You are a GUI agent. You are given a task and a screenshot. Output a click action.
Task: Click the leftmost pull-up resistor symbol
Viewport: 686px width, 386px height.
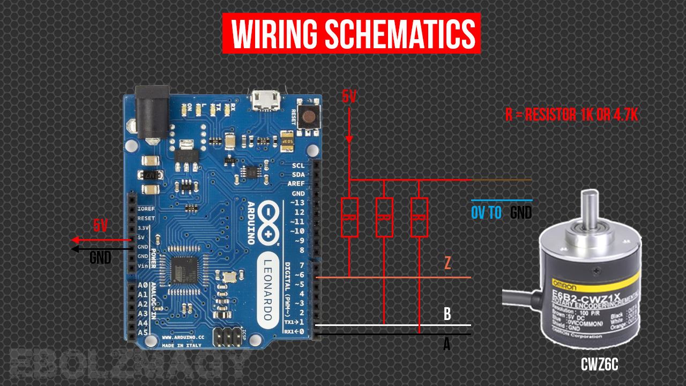tap(349, 217)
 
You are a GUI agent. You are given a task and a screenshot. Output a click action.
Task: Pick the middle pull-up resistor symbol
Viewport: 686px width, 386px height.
tap(384, 217)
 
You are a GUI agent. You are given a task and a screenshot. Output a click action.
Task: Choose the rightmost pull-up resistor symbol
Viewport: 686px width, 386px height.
tap(419, 217)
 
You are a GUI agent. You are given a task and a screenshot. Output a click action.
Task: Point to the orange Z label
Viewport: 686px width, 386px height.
tap(447, 263)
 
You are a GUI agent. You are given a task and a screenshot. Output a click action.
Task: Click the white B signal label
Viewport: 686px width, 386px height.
tap(447, 314)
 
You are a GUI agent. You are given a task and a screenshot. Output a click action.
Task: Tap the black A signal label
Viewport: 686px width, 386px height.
tap(446, 345)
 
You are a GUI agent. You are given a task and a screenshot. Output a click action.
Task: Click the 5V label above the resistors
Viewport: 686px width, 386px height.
tap(349, 97)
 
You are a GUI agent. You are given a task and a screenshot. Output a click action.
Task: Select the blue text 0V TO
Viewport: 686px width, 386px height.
tap(487, 213)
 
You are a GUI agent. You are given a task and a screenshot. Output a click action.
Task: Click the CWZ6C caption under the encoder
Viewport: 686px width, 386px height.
tap(600, 365)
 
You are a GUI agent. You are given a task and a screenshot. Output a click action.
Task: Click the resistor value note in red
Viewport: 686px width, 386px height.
tap(571, 115)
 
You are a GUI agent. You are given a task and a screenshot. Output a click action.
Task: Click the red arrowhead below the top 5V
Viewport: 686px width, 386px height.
tap(349, 139)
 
